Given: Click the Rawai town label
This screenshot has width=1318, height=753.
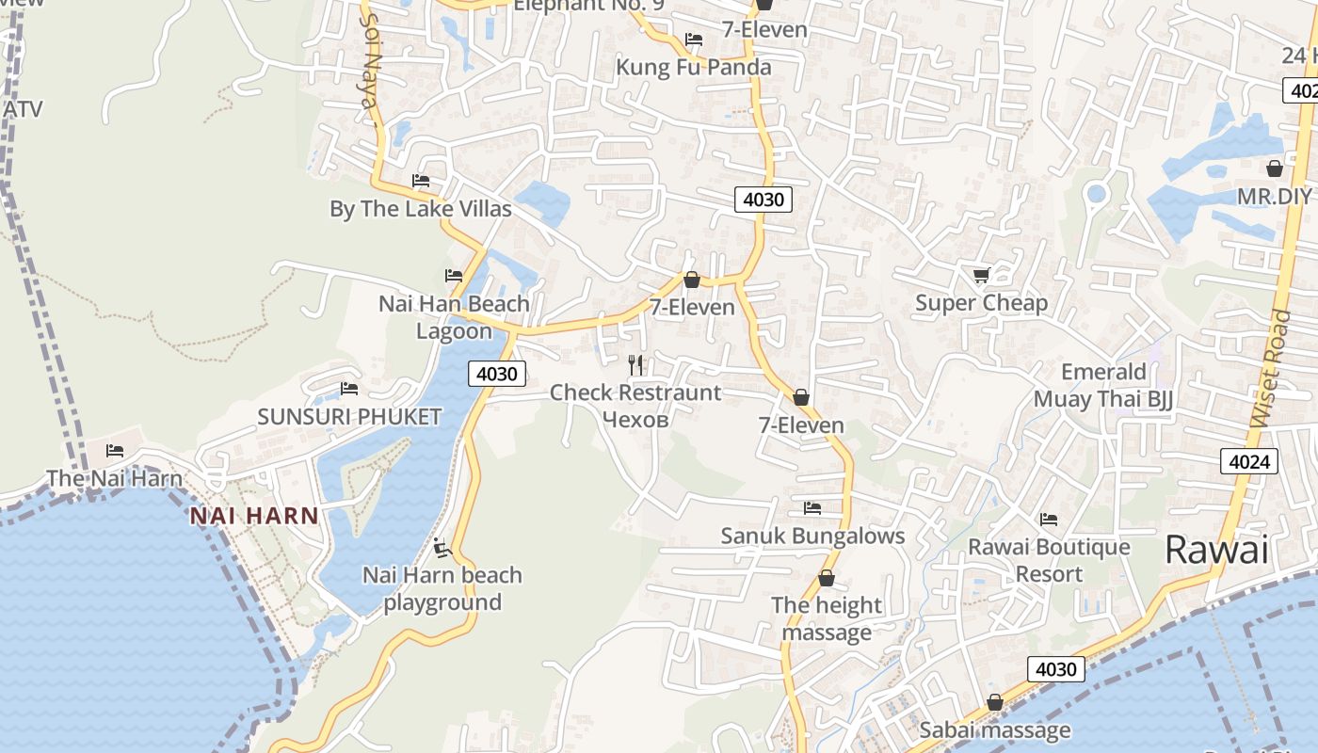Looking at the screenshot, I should [x=1216, y=549].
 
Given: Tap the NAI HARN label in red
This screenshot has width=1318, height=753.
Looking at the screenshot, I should [x=254, y=516].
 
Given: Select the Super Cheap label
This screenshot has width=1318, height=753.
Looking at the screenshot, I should [x=981, y=303].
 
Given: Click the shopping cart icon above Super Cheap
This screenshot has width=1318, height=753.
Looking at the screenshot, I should [x=982, y=275].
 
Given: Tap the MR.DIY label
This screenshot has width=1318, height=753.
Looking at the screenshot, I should [x=1274, y=197].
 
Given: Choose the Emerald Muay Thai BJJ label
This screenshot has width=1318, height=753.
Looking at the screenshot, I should [x=1103, y=385].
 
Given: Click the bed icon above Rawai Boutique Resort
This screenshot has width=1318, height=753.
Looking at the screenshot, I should [x=1048, y=519].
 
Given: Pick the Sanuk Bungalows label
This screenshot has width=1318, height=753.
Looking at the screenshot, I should [x=812, y=537].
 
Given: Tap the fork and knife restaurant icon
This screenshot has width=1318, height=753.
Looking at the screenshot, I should [x=636, y=365].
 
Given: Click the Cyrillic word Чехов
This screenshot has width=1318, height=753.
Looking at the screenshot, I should [x=635, y=420].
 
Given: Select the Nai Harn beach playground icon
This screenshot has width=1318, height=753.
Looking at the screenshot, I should [x=442, y=548].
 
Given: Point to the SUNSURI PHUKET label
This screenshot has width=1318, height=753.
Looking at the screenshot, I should [x=349, y=417].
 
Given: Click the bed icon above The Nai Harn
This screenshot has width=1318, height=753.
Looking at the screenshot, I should [x=115, y=451].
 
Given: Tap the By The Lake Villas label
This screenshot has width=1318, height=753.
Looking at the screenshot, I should [x=420, y=209].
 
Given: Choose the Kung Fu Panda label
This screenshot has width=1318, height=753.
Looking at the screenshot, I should [x=693, y=68].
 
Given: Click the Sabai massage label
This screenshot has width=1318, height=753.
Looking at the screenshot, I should [x=994, y=730].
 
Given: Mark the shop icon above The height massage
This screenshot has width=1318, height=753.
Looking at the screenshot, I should [x=827, y=578].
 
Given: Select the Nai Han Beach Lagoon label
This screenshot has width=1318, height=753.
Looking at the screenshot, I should [x=454, y=317].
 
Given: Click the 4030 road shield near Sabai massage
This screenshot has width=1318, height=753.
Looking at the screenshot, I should [x=1055, y=669].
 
